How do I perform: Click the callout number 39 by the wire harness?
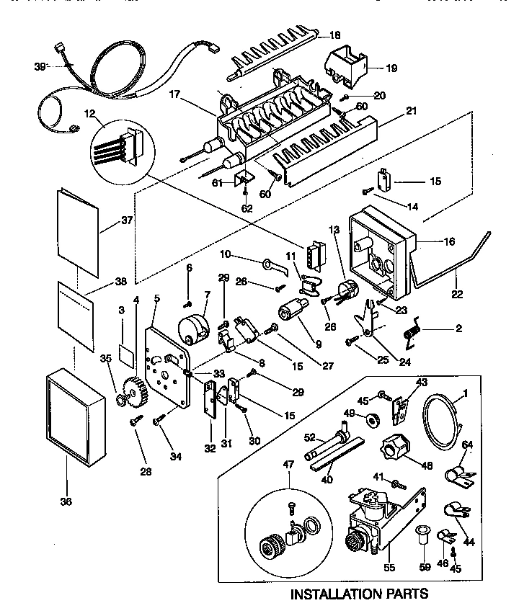click(x=39, y=66)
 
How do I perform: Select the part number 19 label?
click(x=391, y=68)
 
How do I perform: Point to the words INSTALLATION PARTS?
click(x=358, y=594)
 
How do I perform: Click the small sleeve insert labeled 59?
click(x=422, y=536)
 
